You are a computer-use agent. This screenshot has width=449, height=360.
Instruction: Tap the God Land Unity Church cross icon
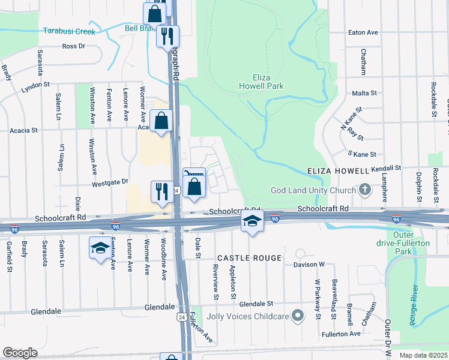point(364,190)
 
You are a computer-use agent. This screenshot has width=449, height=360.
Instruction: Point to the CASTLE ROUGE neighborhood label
point(249,258)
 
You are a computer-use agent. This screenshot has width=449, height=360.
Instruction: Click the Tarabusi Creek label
point(67,31)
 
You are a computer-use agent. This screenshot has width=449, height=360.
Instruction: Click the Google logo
point(20,352)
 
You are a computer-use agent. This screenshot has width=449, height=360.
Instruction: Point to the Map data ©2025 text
point(423,355)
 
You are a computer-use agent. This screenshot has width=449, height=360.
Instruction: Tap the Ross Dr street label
point(74,46)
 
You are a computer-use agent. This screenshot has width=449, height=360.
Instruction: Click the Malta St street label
point(364,93)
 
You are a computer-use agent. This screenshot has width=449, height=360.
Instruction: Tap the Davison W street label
point(309,264)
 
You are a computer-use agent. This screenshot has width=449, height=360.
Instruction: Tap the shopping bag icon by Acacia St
point(161,121)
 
